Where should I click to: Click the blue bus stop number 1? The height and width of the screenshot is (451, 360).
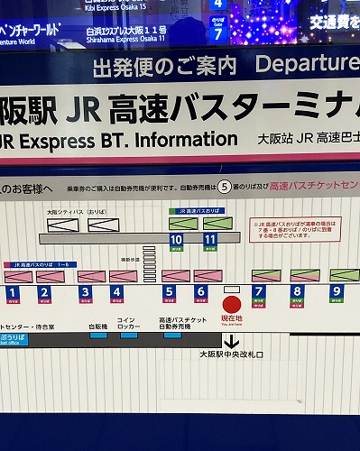click(x=13, y=292)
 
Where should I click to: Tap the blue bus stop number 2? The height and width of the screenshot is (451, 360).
click(x=44, y=292)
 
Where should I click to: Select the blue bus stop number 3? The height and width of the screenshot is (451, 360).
click(x=85, y=292)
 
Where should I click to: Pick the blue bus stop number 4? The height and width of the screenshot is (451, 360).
click(x=116, y=292)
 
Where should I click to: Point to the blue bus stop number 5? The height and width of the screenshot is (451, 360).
click(x=169, y=292)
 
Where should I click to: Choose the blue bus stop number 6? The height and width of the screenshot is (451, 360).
click(x=201, y=292)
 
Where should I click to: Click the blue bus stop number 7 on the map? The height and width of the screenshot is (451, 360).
click(x=259, y=291)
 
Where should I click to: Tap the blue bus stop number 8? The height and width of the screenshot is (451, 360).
click(x=297, y=291)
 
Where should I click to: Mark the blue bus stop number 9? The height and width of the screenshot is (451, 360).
click(x=336, y=291)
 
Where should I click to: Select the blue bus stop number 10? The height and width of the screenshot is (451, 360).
click(x=176, y=239)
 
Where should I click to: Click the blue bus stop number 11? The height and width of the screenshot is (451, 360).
click(x=210, y=239)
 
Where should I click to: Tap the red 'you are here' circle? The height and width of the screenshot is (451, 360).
click(x=232, y=304)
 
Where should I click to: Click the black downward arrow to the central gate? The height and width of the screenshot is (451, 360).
click(x=232, y=342)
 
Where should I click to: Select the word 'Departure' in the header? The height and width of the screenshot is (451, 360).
click(x=307, y=64)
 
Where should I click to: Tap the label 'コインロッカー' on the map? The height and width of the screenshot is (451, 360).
click(x=126, y=322)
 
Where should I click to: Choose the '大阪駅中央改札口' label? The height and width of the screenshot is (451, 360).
click(x=231, y=354)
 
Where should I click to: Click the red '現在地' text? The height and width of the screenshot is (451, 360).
click(x=232, y=319)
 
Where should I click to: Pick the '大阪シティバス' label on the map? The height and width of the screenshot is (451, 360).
click(x=62, y=212)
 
